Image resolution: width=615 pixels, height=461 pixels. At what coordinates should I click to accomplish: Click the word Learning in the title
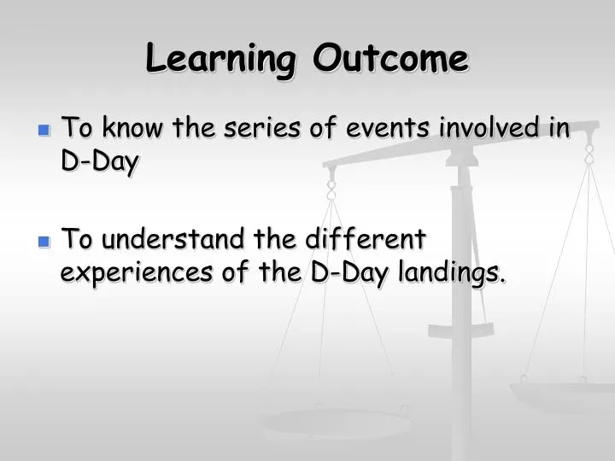(x=221, y=59)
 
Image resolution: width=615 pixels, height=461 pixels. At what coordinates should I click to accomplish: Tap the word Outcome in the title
(x=390, y=58)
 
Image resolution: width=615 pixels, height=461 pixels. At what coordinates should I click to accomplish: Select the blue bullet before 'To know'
(x=44, y=130)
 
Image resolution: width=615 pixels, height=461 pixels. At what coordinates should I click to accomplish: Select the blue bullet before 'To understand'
(x=44, y=242)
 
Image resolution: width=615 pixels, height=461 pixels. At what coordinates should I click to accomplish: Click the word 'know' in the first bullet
(x=132, y=127)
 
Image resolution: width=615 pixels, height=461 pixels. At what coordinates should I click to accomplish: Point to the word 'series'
(x=262, y=127)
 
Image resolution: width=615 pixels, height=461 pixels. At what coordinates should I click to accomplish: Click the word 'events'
(x=388, y=128)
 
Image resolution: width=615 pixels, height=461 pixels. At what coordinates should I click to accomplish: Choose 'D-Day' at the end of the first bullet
(x=100, y=160)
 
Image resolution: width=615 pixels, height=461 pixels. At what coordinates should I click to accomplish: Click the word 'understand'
(x=173, y=238)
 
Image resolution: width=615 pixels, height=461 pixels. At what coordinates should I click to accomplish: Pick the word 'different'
(x=366, y=238)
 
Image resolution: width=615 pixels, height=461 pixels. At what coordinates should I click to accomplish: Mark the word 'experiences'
(x=137, y=272)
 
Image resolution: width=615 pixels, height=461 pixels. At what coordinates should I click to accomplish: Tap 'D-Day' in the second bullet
(x=349, y=272)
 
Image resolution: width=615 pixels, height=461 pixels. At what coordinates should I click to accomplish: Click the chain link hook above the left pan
(x=331, y=190)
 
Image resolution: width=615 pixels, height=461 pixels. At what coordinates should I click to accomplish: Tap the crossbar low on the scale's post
(x=461, y=331)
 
